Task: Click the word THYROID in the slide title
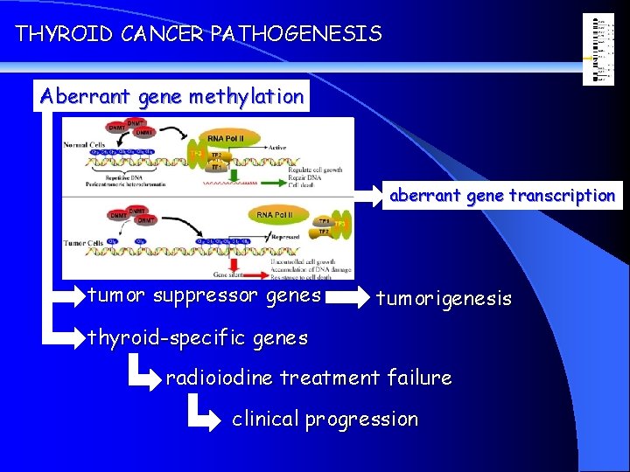(54, 34)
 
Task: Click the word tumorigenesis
(444, 299)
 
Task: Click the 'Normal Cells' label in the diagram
(85, 146)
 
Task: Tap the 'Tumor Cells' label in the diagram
(83, 241)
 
